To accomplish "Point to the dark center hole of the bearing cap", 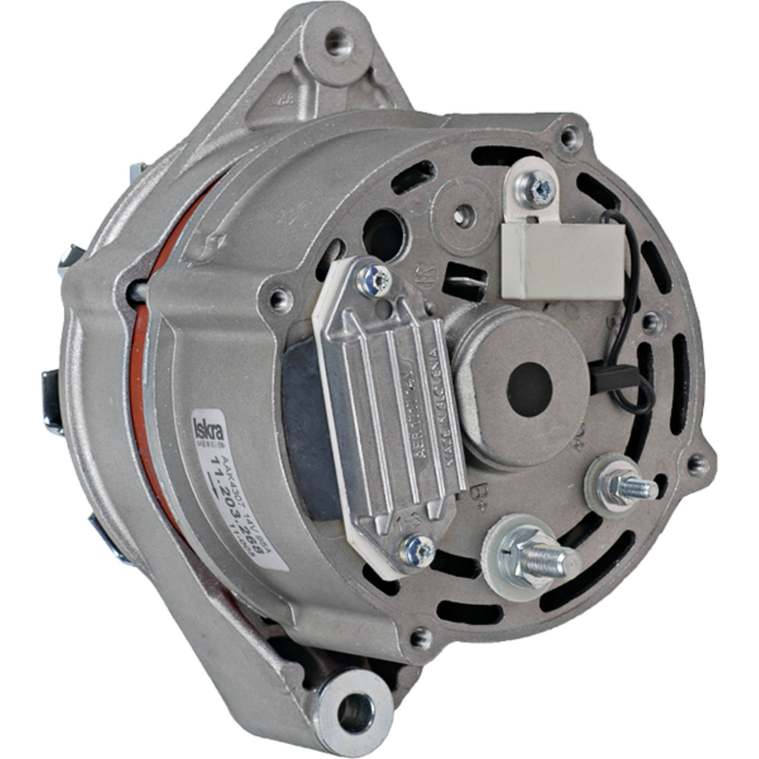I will tap(529, 385).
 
